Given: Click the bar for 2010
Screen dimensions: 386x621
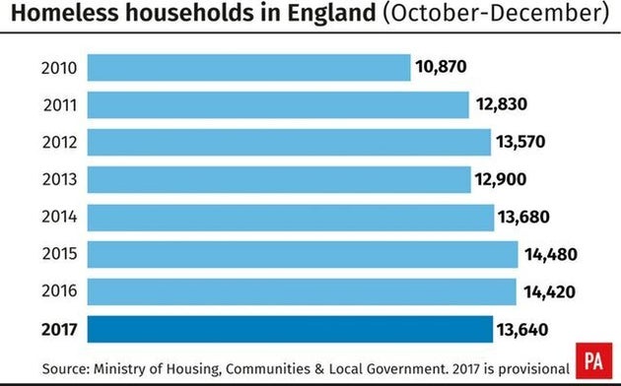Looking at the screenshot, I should coord(248,68).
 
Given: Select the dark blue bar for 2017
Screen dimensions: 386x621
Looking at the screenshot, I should coord(290,329).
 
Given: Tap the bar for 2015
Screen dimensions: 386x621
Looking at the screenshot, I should coord(302,254).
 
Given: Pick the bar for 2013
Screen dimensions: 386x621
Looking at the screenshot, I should coord(279,179).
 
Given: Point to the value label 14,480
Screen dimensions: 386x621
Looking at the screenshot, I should coord(551,254).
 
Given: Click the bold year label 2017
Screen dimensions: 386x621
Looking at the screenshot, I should coord(61,329).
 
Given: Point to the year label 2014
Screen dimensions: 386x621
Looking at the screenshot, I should coord(61,217).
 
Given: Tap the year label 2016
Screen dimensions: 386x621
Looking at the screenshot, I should coord(61,291).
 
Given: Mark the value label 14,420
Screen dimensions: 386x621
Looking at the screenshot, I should coord(550,291).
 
